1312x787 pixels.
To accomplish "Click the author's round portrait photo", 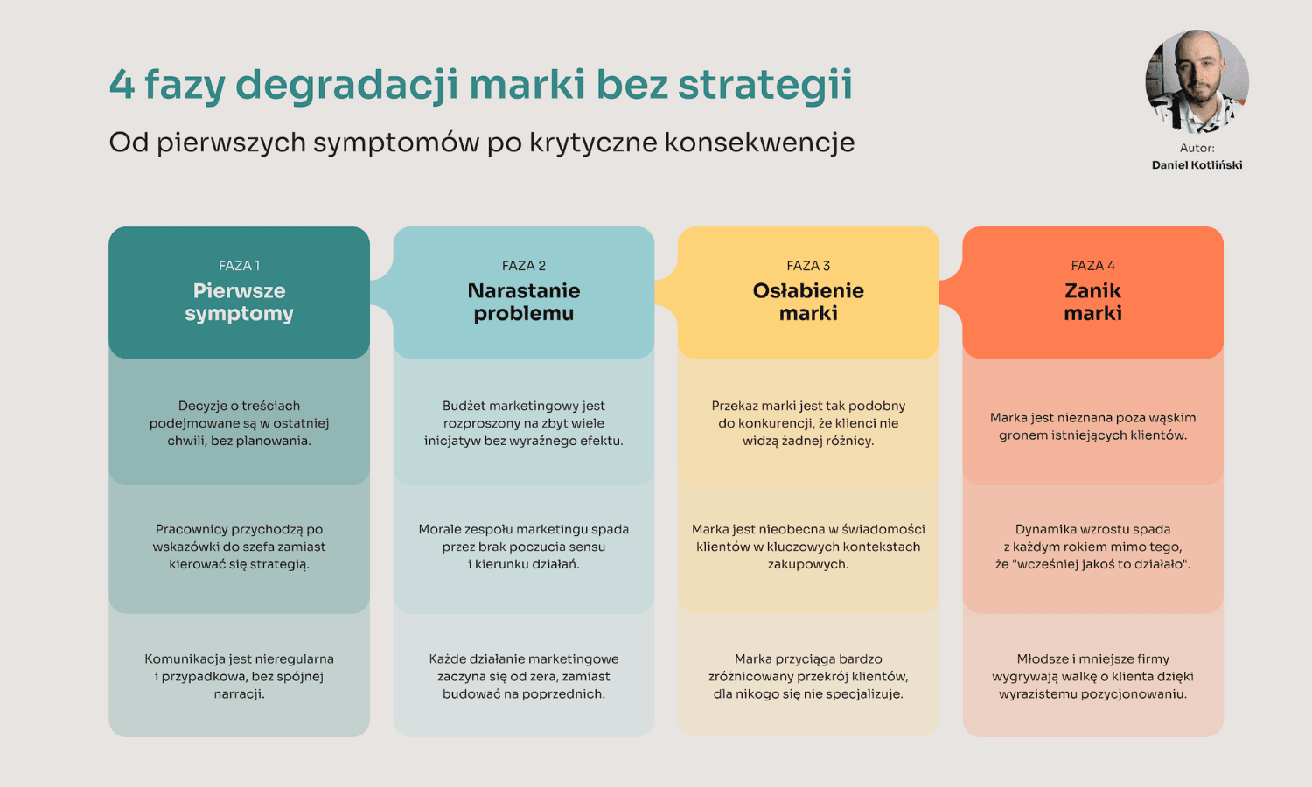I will [x=1197, y=81].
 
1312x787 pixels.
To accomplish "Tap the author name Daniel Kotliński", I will [x=1197, y=165].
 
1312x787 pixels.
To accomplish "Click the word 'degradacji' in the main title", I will [x=346, y=86].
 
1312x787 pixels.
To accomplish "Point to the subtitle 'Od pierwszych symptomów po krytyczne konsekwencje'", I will [x=481, y=143].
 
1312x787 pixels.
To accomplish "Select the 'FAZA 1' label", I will [x=239, y=266].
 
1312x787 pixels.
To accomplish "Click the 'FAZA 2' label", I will [x=523, y=266].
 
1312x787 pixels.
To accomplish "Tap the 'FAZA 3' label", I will [x=808, y=266].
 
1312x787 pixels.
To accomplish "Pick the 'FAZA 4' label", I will [x=1092, y=266].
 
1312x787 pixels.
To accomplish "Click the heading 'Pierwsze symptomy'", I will [x=239, y=302].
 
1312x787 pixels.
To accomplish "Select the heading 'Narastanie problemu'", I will [x=523, y=302].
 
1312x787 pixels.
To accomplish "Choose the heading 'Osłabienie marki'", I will [x=808, y=302].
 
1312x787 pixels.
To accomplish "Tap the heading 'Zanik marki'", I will [x=1092, y=302].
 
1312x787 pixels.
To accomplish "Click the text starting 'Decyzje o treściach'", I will [x=239, y=423].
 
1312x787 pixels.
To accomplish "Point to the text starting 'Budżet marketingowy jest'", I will [x=523, y=423].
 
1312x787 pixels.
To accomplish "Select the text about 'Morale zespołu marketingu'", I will [x=523, y=547].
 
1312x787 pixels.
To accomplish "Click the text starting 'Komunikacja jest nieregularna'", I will [x=239, y=676].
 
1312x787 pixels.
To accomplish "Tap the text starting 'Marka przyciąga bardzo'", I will [x=808, y=676].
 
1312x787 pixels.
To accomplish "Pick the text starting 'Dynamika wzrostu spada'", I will [x=1092, y=547].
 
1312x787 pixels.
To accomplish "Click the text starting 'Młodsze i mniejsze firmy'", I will [x=1092, y=676].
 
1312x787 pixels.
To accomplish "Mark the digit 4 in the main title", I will [x=122, y=86].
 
